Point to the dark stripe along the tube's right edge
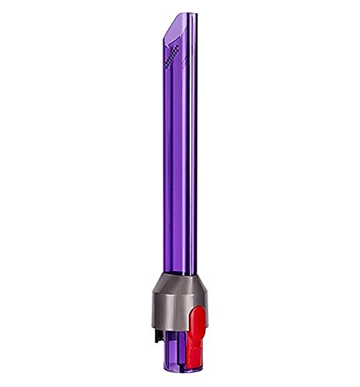pyautogui.click(x=194, y=155)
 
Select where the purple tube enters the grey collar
pyautogui.click(x=180, y=273)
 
